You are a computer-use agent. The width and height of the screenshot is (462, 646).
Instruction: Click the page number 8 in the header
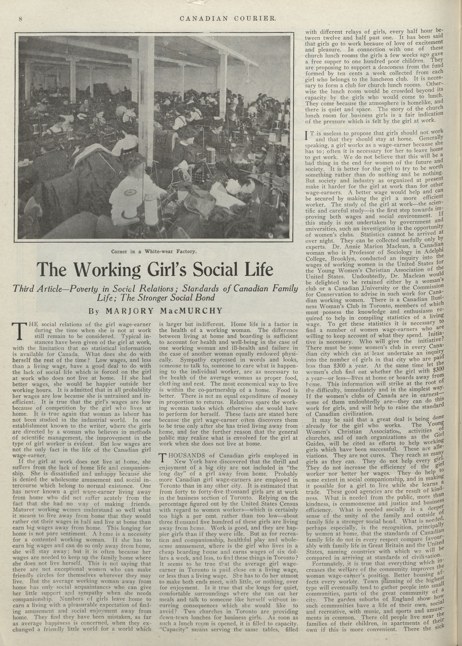click(20, 19)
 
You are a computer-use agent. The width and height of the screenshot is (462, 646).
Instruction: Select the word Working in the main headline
click(108, 270)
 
